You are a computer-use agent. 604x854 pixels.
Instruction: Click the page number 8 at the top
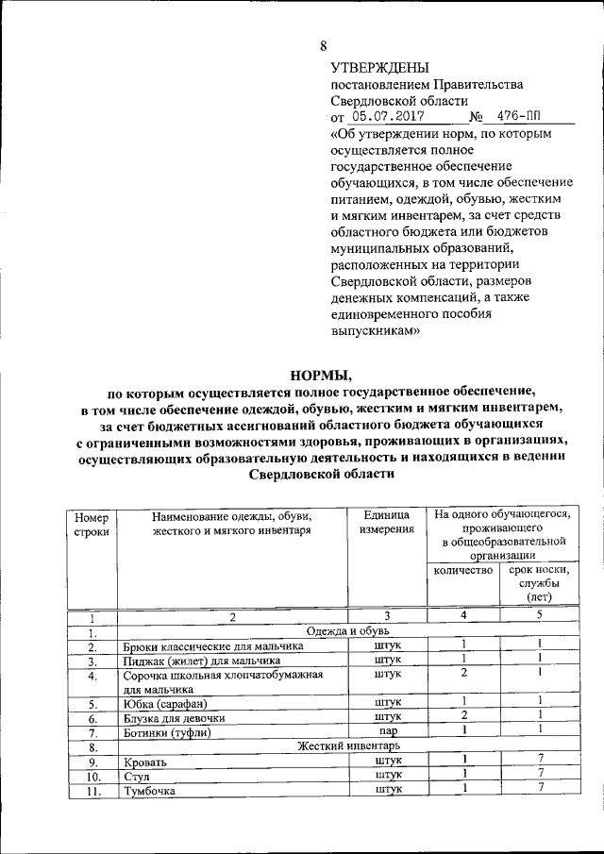tap(324, 46)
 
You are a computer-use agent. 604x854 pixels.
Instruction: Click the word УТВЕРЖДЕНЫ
tap(379, 68)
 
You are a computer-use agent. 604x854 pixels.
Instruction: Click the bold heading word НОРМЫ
tap(322, 376)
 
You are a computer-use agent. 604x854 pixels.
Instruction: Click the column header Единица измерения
tap(386, 523)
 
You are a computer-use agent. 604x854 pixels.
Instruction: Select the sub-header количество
tap(463, 571)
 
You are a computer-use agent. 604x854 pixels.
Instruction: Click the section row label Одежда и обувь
tap(342, 630)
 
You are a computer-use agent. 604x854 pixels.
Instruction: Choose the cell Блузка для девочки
tap(174, 717)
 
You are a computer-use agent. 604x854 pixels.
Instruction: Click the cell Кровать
tap(145, 761)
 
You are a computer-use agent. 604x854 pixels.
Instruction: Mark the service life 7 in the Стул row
tap(540, 774)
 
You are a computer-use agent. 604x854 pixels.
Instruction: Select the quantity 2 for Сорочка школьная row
tap(464, 673)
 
